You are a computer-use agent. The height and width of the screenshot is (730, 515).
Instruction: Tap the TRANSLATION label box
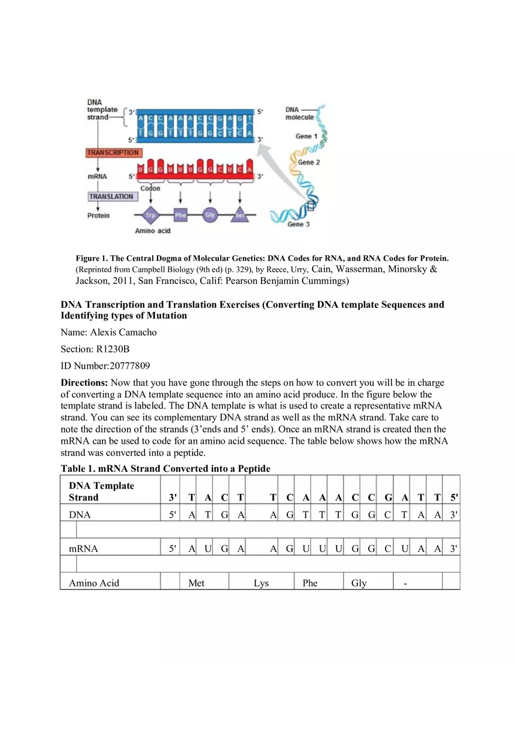111,197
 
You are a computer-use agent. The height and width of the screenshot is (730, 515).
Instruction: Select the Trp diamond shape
151,215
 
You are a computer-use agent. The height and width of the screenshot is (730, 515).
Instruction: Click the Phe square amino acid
180,215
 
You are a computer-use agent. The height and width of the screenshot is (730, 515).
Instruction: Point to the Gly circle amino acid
210,215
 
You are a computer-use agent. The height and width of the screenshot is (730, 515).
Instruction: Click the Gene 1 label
303,136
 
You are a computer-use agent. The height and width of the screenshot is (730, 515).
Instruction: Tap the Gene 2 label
309,162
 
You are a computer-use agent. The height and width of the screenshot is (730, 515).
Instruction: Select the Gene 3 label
298,224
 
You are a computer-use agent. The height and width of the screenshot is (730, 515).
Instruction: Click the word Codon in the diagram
150,189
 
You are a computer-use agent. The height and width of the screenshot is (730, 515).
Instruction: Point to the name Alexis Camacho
123,333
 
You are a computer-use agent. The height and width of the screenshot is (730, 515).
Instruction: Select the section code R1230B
109,349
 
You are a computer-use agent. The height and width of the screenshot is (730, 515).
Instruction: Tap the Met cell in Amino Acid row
197,583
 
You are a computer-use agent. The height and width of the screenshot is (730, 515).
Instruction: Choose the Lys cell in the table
261,583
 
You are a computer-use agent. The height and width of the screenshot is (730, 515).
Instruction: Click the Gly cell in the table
359,583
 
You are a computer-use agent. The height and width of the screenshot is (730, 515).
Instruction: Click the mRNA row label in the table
83,549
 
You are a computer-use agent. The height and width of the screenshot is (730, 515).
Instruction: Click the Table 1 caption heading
166,469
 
